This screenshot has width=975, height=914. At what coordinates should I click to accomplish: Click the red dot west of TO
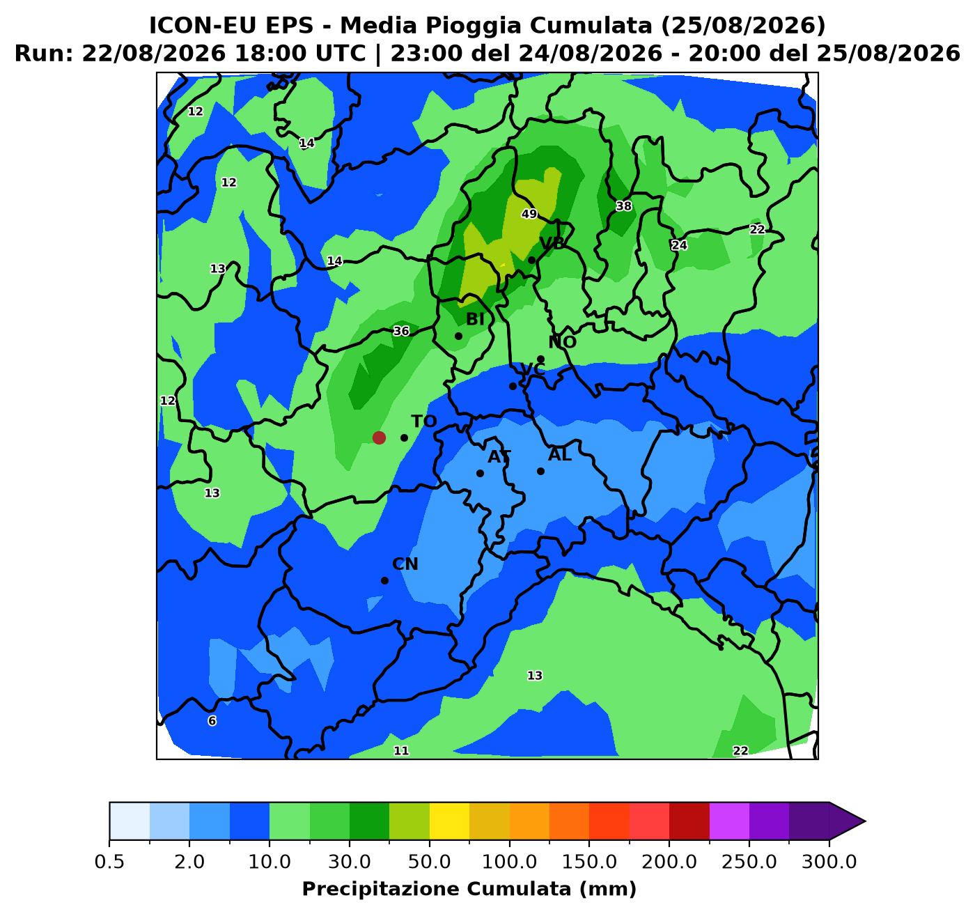[x=379, y=437]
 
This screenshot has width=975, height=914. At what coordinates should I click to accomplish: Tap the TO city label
[x=424, y=421]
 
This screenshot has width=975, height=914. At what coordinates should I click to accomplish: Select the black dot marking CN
[x=384, y=580]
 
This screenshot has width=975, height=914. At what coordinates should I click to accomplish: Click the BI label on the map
[x=475, y=319]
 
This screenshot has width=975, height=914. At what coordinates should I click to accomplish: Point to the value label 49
[x=529, y=214]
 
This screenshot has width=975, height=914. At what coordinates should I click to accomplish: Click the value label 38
[x=623, y=206]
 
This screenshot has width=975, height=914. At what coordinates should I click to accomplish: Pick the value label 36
[x=401, y=332]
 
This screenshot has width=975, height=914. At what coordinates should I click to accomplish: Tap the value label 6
[x=212, y=720]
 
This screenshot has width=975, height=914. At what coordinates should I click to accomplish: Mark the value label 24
[x=679, y=245]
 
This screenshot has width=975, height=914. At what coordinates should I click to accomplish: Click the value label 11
[x=401, y=750]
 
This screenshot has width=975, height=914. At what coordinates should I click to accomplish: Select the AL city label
[x=560, y=455]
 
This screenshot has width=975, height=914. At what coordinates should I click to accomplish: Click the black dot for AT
[x=480, y=473]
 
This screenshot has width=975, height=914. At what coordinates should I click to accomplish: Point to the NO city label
[x=562, y=342]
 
